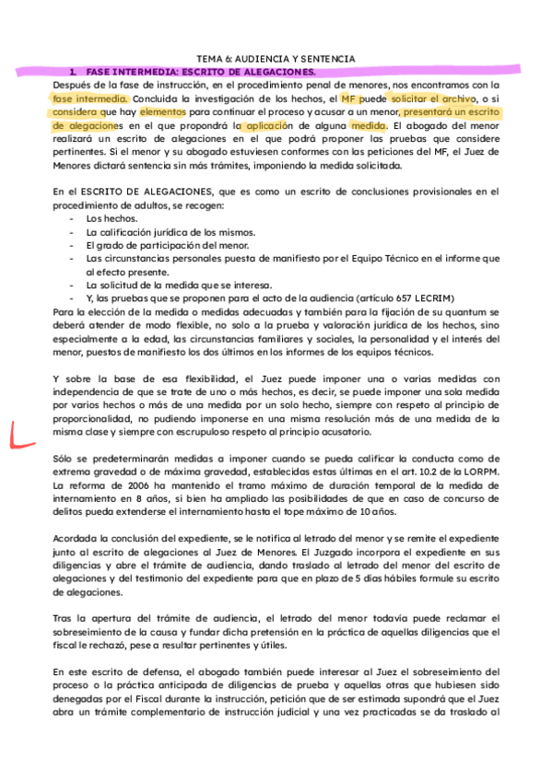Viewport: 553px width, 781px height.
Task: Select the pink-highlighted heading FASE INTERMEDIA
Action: (198, 71)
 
